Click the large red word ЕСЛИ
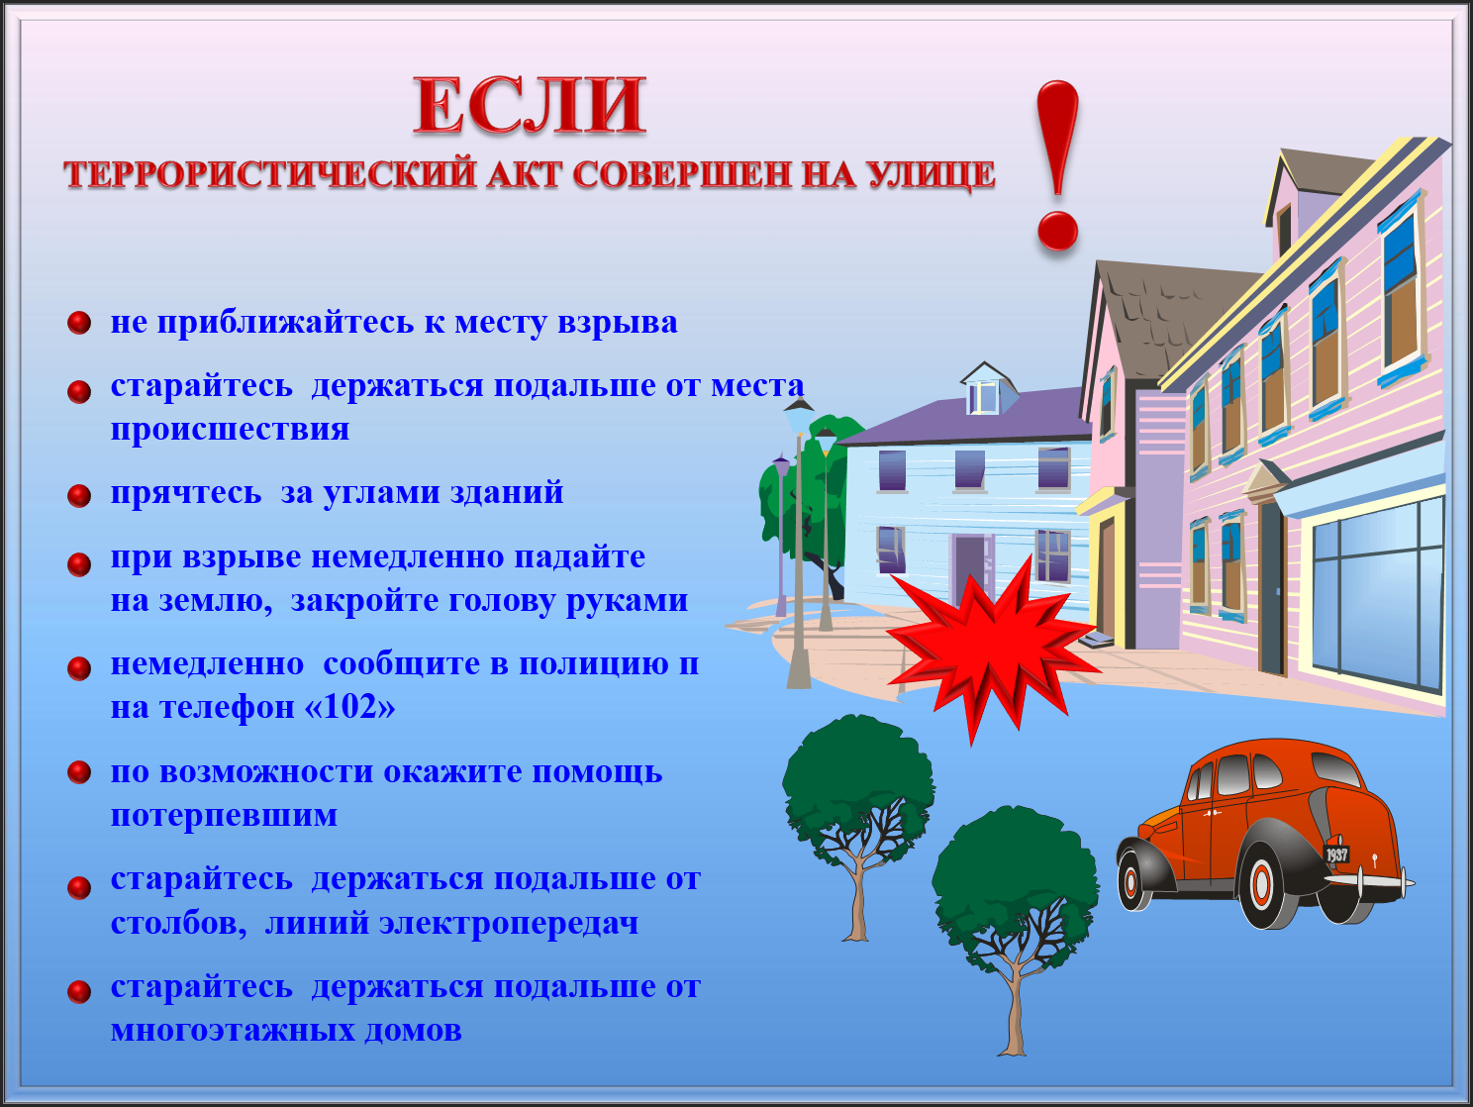pos(531,106)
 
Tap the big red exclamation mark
pos(1057,165)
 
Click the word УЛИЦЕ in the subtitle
pos(931,174)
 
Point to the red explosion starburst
pos(992,650)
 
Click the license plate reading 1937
pos(1336,855)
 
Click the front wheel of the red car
pos(1132,880)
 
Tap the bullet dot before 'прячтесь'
pos(79,496)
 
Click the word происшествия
pos(231,430)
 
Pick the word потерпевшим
pos(224,816)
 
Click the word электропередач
pos(509,923)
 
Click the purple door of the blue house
pos(970,570)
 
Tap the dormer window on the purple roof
pos(984,397)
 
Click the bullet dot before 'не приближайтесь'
pos(79,323)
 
